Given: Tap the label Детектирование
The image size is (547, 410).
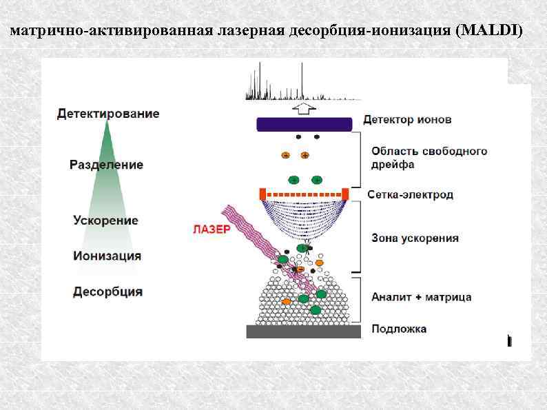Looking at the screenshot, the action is tap(108, 114).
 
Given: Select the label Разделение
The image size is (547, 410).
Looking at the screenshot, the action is tap(106, 165).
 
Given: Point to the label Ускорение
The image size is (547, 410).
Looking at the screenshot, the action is tap(105, 221).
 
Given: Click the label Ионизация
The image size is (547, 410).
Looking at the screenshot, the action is tap(107, 256).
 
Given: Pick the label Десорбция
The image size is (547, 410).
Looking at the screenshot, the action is tap(108, 291).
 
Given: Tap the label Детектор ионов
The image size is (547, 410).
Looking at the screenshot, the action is tap(408, 119).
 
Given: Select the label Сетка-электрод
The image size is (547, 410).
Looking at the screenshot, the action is tap(411, 195).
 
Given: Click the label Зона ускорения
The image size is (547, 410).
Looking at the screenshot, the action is tap(415, 238).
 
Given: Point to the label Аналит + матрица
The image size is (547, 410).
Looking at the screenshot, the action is tap(421, 297).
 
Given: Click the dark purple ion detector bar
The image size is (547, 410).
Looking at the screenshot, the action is tap(305, 124).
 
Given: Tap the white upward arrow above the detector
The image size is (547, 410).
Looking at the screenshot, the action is tap(303, 108).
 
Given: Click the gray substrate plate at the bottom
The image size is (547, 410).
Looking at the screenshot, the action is tap(304, 331).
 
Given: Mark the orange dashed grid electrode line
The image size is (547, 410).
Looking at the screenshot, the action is tap(303, 193).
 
